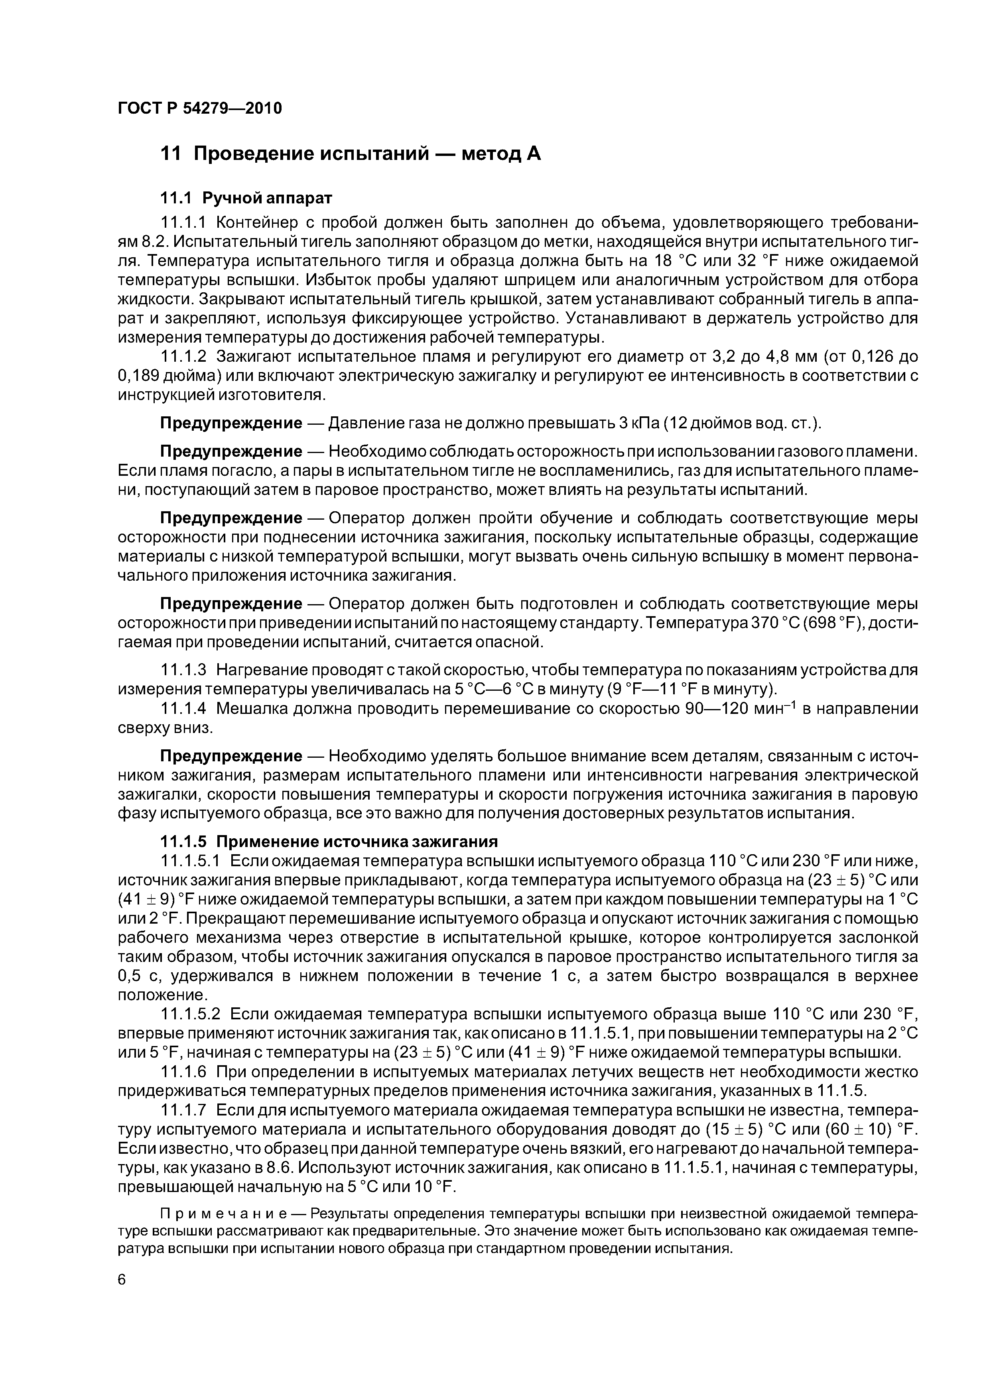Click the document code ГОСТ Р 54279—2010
200,108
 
